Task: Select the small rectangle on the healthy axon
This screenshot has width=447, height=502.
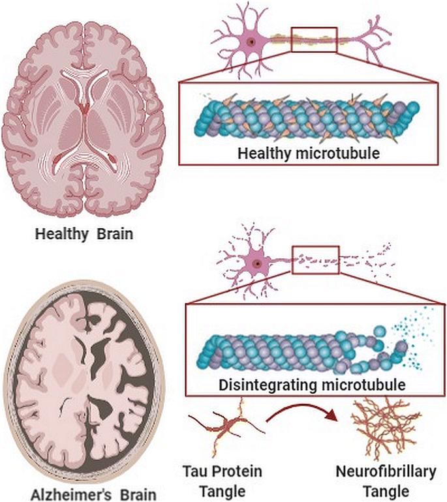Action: [314, 40]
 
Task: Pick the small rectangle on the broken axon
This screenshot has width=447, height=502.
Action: [316, 259]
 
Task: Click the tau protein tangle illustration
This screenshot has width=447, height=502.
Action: [224, 430]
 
